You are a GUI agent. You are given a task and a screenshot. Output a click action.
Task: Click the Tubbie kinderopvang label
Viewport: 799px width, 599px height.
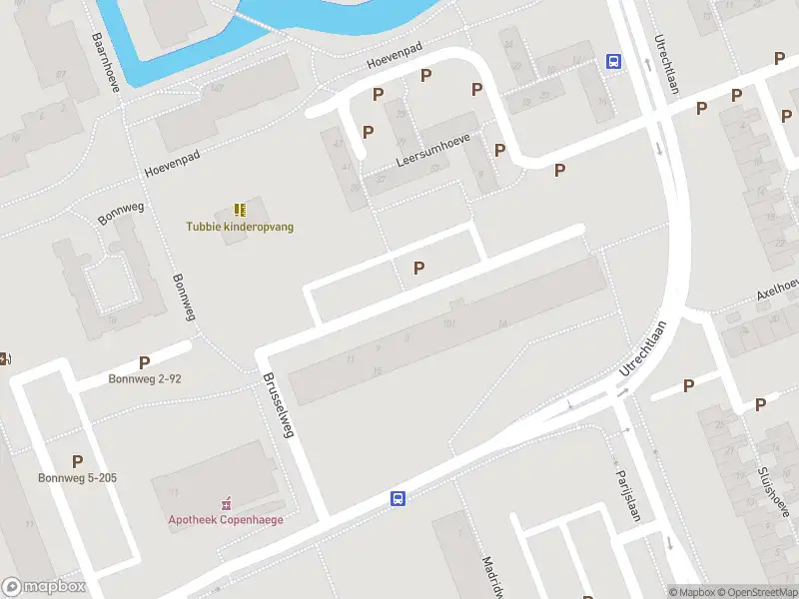point(240,227)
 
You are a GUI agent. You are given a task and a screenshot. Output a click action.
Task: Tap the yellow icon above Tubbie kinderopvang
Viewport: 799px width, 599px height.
point(240,210)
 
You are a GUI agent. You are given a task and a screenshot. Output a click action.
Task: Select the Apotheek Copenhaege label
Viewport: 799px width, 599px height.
point(225,519)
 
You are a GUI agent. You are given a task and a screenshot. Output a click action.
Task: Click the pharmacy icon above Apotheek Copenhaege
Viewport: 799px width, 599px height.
point(226,502)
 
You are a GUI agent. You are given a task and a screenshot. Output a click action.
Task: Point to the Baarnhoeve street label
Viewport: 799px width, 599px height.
point(105,61)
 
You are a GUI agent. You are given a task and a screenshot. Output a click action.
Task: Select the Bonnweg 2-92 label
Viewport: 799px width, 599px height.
point(145,379)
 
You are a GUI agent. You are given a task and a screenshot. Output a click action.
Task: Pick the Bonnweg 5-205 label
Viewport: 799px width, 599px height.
point(77,478)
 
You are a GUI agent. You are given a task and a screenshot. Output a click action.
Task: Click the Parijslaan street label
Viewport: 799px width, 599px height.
point(626,495)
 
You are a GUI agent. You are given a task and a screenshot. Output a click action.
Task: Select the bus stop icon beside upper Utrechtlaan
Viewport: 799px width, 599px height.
point(613,61)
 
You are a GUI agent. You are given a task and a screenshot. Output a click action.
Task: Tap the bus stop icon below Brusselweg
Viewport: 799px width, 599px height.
point(398,499)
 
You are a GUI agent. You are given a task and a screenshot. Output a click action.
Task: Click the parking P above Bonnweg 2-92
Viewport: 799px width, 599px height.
point(145,363)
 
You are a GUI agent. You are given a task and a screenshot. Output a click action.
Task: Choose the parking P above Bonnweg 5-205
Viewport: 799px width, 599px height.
point(77,461)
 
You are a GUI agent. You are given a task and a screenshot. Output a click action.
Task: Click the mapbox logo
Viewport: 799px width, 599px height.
point(44,587)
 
